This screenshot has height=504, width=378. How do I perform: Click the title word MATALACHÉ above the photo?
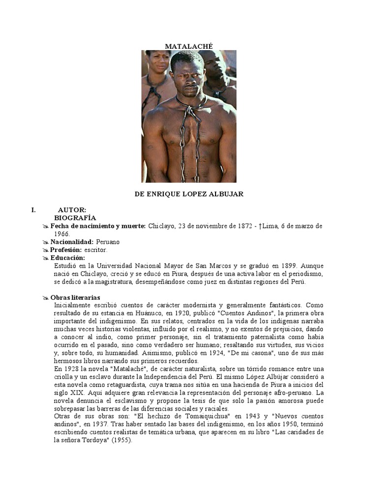(189, 46)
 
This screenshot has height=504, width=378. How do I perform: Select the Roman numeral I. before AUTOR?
(33, 210)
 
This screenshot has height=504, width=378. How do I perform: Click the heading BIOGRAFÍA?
(75, 218)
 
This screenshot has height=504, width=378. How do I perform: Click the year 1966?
(62, 234)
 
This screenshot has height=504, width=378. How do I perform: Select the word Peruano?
(108, 242)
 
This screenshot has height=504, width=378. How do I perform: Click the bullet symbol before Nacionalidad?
(46, 242)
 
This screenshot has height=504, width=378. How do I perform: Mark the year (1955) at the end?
(121, 441)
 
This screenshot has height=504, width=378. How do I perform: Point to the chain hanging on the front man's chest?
(188, 138)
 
